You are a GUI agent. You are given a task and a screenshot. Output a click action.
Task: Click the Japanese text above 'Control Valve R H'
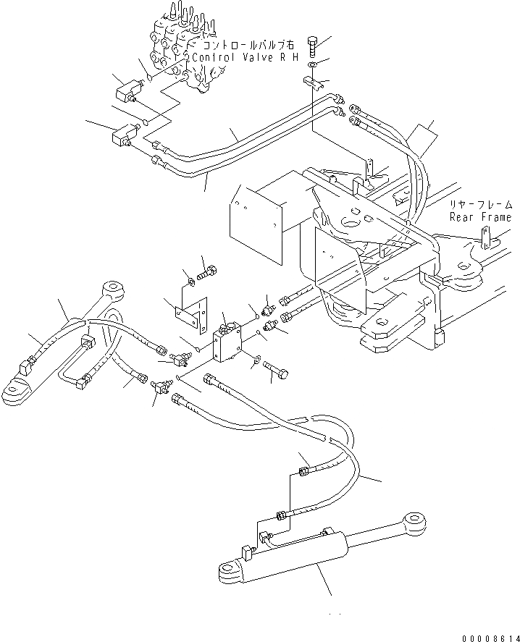(x=243, y=46)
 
